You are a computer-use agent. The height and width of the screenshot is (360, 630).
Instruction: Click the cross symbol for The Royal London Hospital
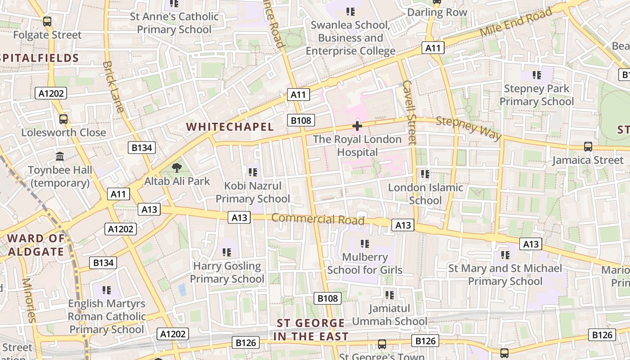pos(357,126)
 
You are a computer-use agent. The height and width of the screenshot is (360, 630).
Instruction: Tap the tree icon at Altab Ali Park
pos(177,168)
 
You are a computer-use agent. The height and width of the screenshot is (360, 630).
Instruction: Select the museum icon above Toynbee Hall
pos(60,157)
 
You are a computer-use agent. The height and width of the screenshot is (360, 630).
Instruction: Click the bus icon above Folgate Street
pos(47,21)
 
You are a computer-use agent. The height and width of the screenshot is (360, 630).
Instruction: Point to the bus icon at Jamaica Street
pos(588,146)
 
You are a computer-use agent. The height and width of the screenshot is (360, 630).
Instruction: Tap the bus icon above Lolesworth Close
pos(63,119)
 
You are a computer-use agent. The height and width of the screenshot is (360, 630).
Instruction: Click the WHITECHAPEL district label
pos(230,127)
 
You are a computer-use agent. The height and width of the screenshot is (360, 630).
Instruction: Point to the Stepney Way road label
pos(468,128)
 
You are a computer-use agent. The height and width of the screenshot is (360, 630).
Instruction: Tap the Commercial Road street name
pos(318,219)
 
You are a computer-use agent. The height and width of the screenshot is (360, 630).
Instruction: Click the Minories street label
pos(28,300)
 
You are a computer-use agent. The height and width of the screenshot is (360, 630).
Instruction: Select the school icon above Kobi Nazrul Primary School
pos(252,172)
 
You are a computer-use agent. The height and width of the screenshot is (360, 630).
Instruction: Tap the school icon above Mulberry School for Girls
pos(364,244)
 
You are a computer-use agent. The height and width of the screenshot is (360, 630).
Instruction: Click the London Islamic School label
pos(425,194)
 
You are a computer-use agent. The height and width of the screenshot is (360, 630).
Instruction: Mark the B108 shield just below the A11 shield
pos(301,120)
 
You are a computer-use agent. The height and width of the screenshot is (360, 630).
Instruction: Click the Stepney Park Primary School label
pos(536,95)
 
